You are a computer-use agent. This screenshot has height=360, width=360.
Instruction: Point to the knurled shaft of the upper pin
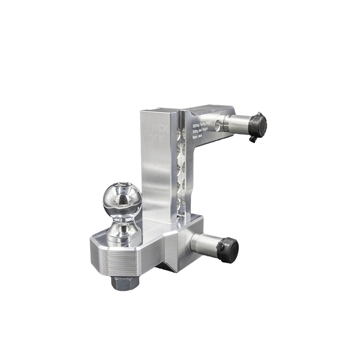point(238,123)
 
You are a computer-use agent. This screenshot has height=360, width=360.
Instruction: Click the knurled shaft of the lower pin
point(205,243)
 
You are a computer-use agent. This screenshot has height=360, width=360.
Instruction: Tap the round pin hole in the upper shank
point(218,123)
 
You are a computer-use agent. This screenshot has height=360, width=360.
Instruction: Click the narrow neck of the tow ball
point(123,221)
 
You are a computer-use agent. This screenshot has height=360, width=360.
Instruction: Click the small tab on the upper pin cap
point(253,139)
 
